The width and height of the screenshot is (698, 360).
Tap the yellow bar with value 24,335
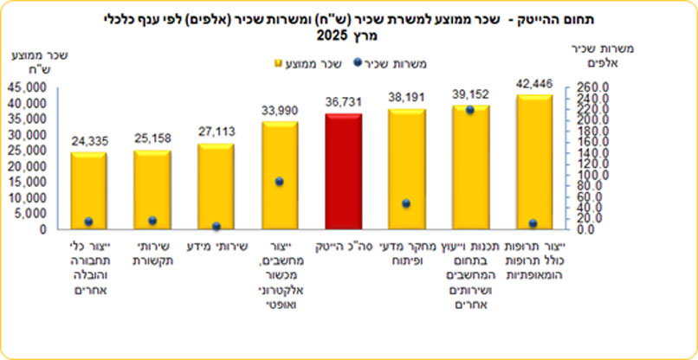pyautogui.click(x=88, y=190)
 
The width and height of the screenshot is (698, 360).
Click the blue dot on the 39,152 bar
pyautogui.click(x=469, y=110)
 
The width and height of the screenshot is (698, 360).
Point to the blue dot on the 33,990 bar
pyautogui.click(x=280, y=182)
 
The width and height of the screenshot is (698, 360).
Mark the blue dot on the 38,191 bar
pyautogui.click(x=406, y=203)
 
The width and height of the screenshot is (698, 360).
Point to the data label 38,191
pyautogui.click(x=406, y=94)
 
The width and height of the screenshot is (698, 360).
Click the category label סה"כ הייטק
pyautogui.click(x=344, y=246)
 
